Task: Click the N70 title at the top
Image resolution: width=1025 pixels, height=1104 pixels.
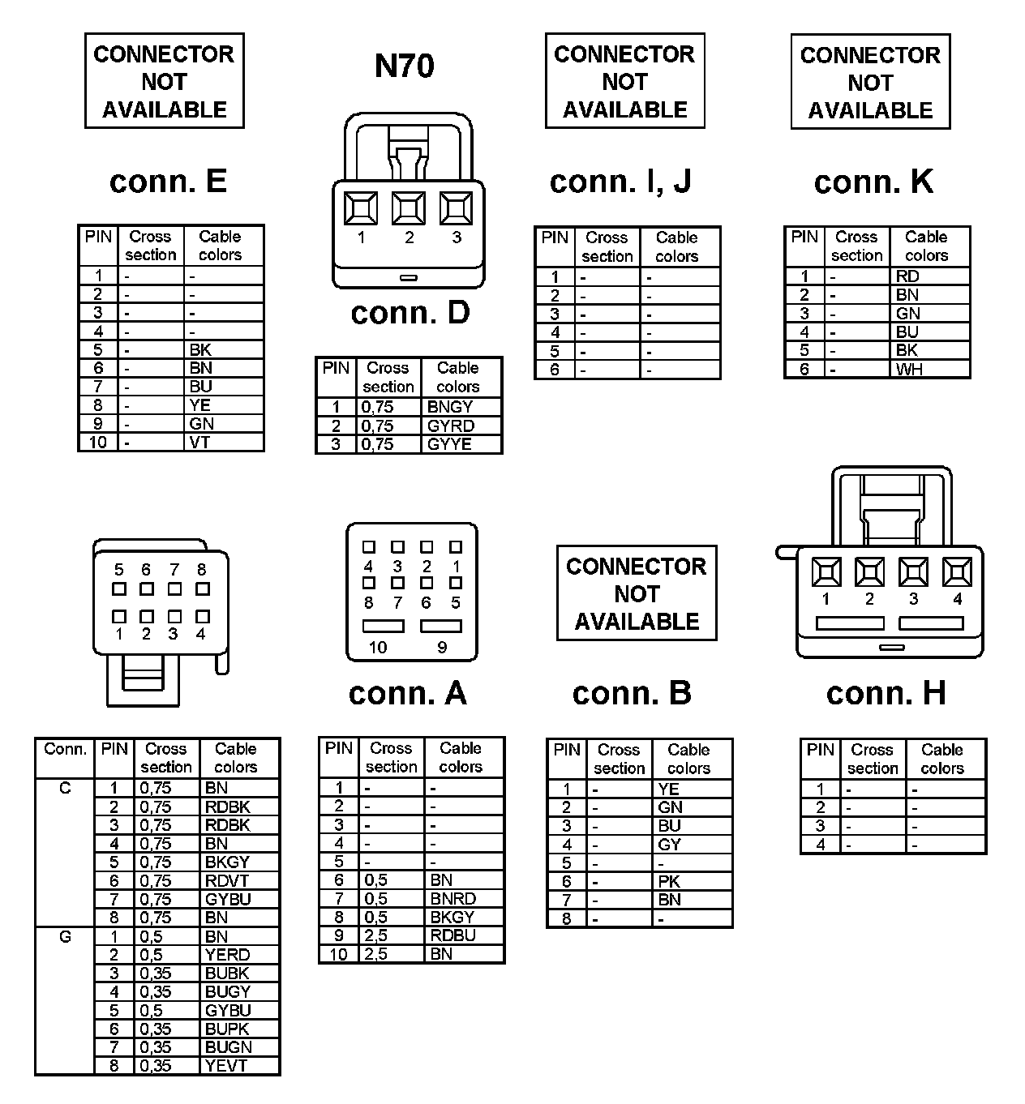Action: pos(404,66)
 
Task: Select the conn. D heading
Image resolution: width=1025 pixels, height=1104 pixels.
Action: pos(410,313)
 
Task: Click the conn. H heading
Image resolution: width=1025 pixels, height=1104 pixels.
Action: pos(886,693)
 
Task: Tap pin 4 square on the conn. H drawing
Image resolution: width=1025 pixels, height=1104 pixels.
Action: pos(957,572)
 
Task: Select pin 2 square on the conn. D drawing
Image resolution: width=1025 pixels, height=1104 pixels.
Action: pos(409,208)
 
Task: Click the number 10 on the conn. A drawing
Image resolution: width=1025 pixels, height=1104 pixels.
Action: pos(378,648)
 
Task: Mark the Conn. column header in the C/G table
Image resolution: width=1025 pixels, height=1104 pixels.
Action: pos(65,750)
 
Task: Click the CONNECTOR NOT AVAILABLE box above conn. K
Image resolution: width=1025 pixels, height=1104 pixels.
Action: pos(870,82)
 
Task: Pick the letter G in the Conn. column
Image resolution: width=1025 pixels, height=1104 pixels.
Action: pos(65,937)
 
